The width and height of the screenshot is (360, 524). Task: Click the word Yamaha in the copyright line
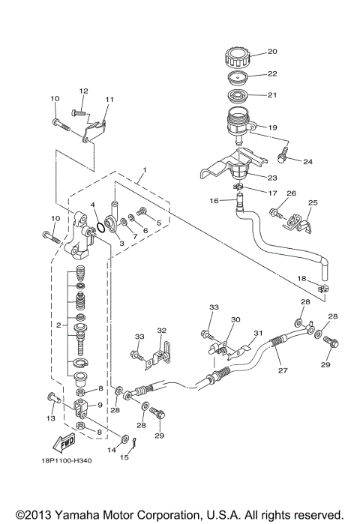coord(94,515)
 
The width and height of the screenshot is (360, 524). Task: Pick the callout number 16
coord(214,201)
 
